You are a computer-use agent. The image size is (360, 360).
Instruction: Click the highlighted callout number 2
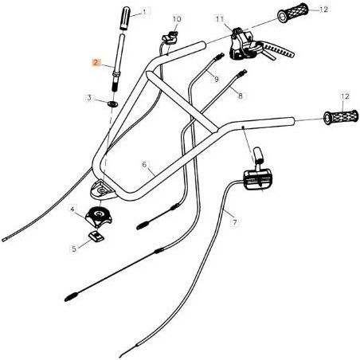tap(96, 63)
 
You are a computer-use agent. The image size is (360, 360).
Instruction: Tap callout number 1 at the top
tap(145, 13)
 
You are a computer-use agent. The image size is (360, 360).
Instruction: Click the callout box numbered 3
tap(90, 97)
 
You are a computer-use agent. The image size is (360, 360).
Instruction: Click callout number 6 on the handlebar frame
tap(145, 165)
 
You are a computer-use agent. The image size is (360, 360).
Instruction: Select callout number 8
tap(241, 95)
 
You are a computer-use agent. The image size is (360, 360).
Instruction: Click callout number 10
tap(177, 18)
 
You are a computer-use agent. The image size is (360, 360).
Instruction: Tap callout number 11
tap(219, 18)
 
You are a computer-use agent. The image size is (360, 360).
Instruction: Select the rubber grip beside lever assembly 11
tap(292, 14)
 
